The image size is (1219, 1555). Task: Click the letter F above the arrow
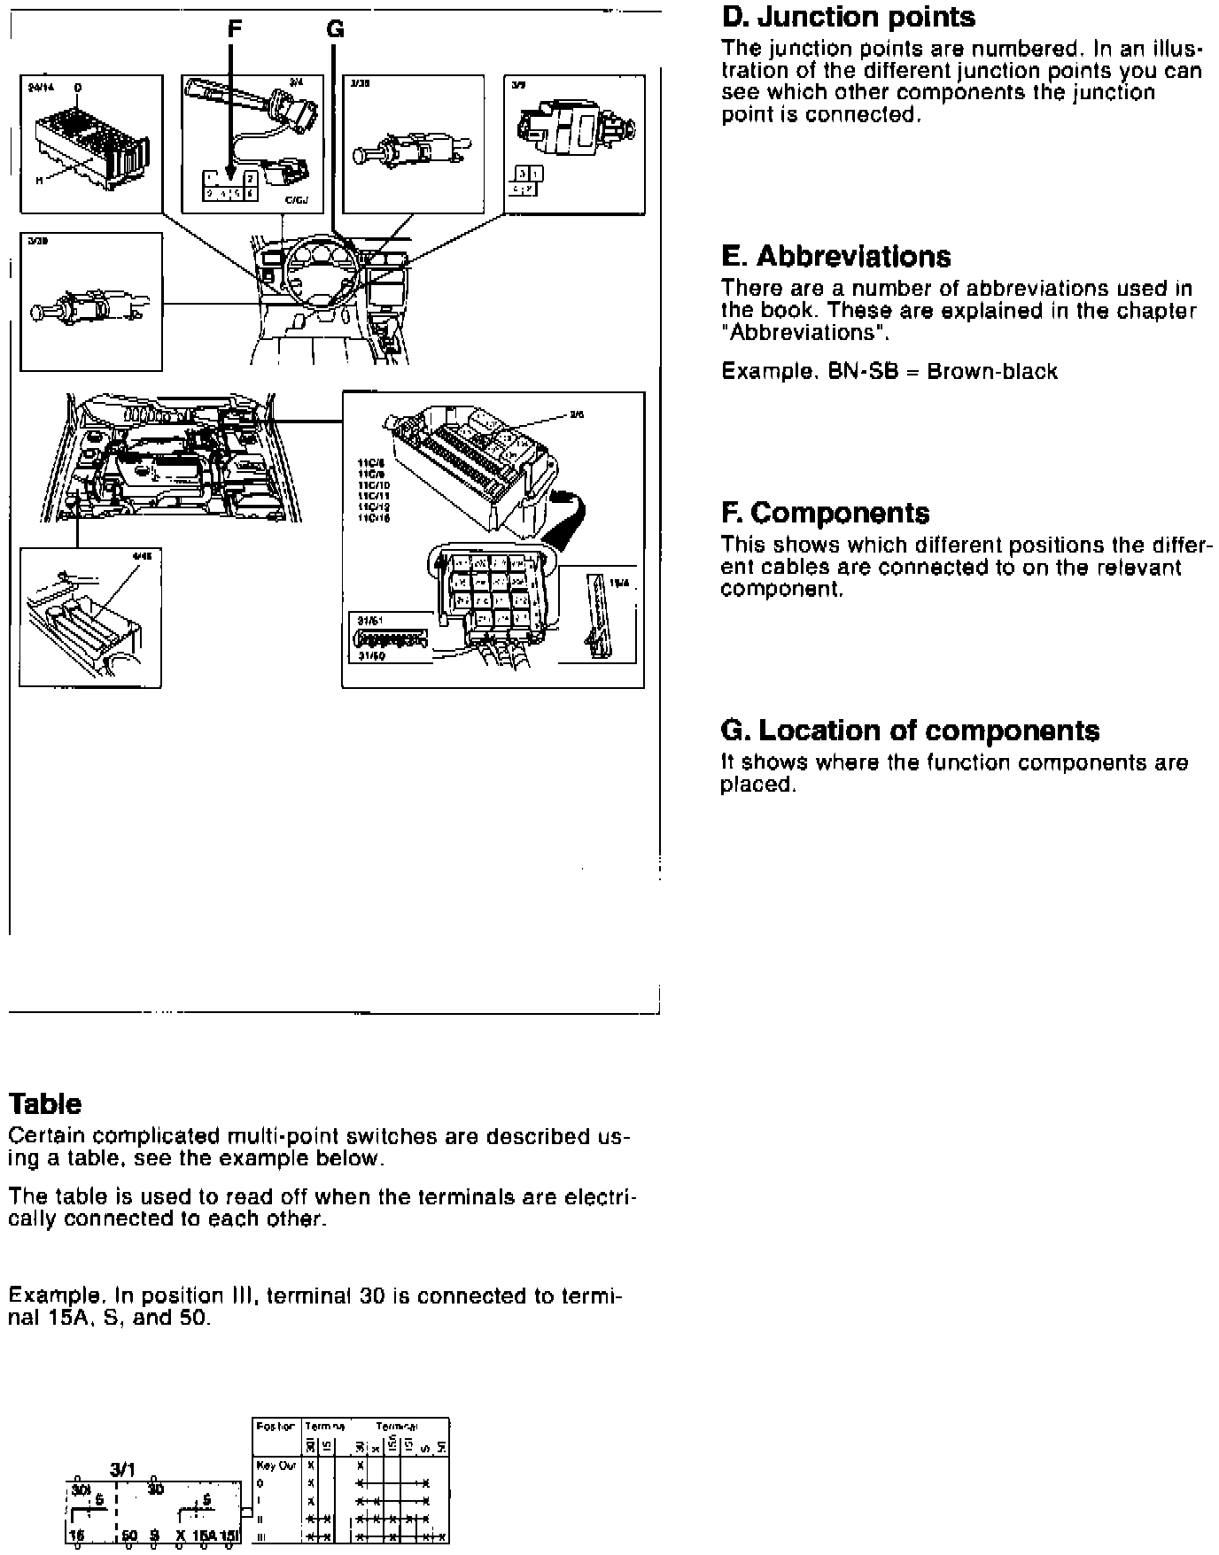[234, 29]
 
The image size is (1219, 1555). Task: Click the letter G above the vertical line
[335, 29]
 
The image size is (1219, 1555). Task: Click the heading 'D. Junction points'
[848, 17]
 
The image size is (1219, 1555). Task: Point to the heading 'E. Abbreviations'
[835, 257]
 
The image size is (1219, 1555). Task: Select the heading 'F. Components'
[825, 514]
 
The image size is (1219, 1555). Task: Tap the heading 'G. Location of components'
[910, 731]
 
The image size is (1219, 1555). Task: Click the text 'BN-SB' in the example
[854, 371]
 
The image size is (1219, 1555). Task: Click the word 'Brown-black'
[992, 371]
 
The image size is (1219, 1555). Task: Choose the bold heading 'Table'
[44, 1103]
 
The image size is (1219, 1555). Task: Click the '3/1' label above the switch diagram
[122, 1469]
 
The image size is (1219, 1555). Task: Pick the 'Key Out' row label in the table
[276, 1466]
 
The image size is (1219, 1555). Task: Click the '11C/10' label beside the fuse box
[374, 485]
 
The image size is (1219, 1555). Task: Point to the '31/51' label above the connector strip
[369, 621]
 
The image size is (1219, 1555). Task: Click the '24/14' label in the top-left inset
[42, 88]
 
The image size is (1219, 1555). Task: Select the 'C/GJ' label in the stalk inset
[296, 201]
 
